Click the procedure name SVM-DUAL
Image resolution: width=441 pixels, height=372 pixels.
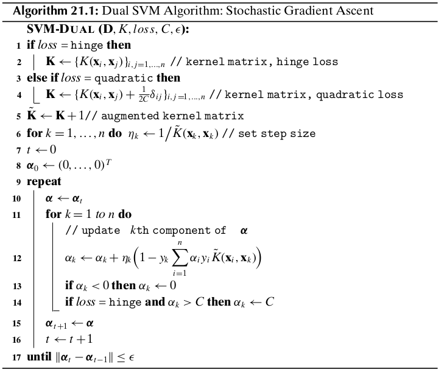click(x=60, y=29)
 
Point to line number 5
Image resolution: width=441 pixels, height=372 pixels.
click(x=18, y=116)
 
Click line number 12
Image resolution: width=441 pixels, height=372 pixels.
click(x=17, y=258)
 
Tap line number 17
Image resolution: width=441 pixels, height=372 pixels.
click(x=17, y=357)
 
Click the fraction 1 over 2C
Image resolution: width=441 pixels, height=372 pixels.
click(x=143, y=94)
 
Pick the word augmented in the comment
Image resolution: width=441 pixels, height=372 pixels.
click(x=130, y=116)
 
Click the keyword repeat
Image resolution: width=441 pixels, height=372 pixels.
click(x=44, y=182)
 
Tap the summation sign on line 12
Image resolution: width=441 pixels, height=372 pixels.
click(x=180, y=258)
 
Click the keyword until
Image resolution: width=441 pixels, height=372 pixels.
click(x=39, y=357)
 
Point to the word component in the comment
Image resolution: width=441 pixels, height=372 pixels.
click(x=182, y=231)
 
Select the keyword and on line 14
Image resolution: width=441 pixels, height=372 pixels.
click(x=155, y=302)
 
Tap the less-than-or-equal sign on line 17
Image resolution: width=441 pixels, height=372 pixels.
click(x=121, y=357)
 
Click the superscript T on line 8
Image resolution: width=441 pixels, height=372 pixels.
click(x=108, y=162)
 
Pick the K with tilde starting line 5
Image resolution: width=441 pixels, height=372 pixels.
click(x=32, y=114)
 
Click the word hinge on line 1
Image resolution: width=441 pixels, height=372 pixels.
click(x=86, y=46)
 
